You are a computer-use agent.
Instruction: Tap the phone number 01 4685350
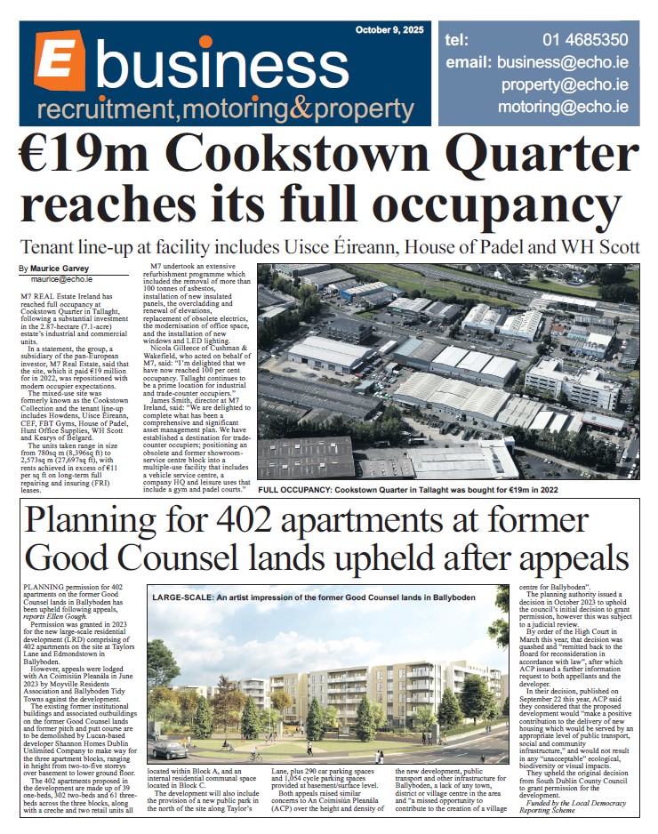(585, 40)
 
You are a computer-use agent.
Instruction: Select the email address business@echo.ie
(563, 63)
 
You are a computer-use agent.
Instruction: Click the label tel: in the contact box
(457, 40)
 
